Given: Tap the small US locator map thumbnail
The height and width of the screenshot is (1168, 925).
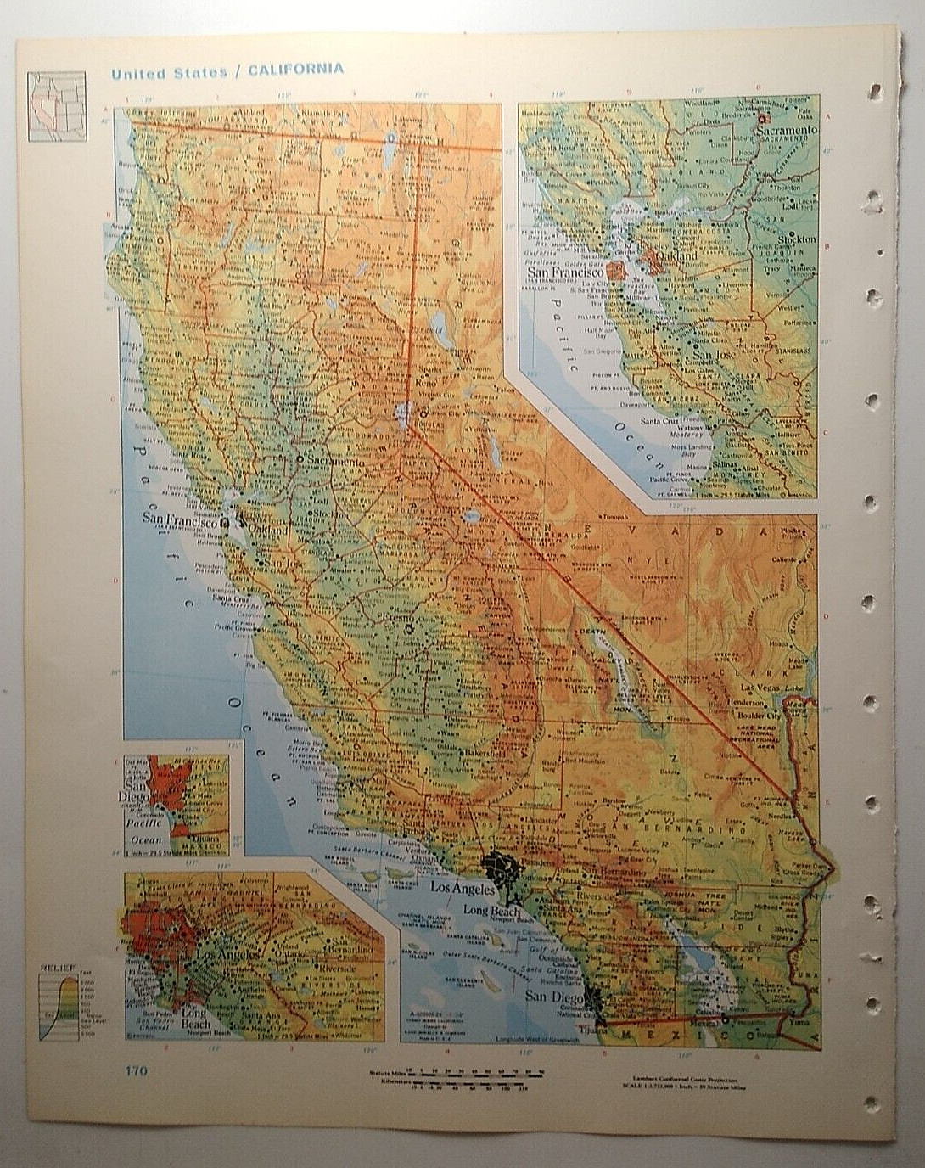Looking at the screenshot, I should click(x=57, y=106).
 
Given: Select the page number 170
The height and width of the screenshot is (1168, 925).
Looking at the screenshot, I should click(x=135, y=1070).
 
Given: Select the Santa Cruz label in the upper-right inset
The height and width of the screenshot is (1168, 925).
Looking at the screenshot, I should click(x=659, y=421).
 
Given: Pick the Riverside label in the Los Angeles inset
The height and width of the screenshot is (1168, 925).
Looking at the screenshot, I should click(x=338, y=968).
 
